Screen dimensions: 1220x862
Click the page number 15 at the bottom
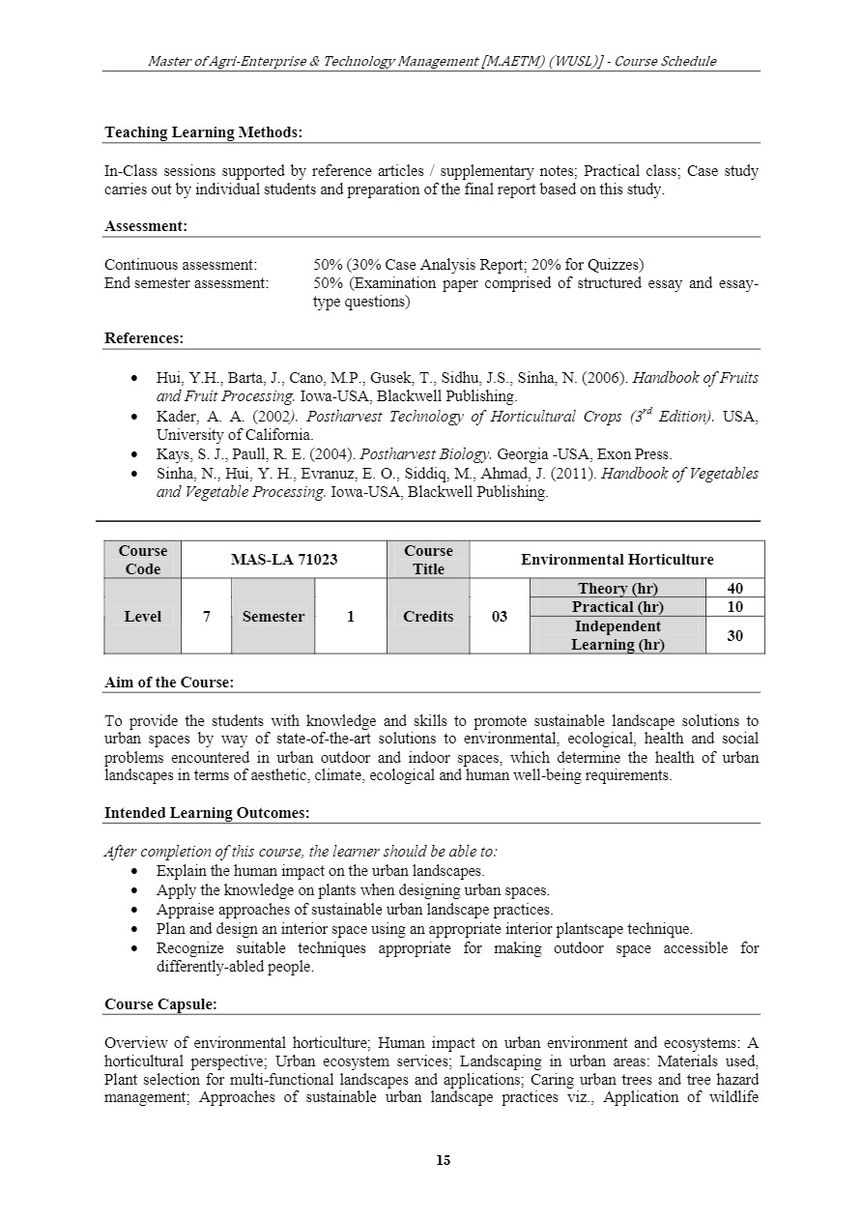tap(444, 1160)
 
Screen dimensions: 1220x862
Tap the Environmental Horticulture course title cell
tap(617, 560)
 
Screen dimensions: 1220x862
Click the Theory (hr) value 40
tap(734, 589)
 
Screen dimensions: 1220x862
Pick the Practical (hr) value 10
tap(734, 607)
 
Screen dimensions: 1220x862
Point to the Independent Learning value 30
tap(734, 635)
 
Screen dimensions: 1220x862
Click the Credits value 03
tap(500, 617)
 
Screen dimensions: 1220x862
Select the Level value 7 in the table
tap(207, 617)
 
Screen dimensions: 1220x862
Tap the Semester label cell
tap(273, 617)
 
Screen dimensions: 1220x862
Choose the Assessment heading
tap(146, 226)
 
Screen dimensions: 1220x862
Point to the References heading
tap(144, 338)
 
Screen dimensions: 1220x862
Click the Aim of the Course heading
tap(169, 683)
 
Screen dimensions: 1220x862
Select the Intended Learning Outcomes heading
tap(207, 813)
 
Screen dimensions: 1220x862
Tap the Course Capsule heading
tap(160, 1004)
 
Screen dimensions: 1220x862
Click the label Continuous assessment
tap(181, 265)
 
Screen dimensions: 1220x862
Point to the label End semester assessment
tap(187, 283)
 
